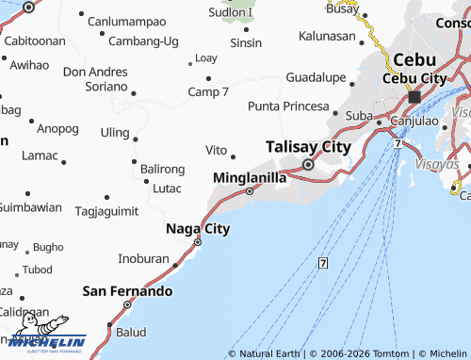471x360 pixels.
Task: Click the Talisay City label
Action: (x=308, y=147)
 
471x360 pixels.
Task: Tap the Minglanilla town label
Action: (x=250, y=176)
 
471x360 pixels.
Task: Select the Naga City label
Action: (x=198, y=228)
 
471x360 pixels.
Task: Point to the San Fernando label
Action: (x=128, y=291)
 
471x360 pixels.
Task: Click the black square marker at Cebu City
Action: (x=414, y=97)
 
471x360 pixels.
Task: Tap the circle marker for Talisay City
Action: (x=308, y=164)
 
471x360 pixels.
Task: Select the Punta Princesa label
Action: (x=288, y=106)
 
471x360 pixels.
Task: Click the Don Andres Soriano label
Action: (x=94, y=78)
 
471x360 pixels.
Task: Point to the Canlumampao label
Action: (x=127, y=20)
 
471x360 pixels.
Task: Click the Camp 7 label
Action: (x=208, y=91)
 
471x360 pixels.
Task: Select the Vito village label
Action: (x=216, y=150)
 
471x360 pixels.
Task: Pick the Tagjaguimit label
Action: (x=106, y=210)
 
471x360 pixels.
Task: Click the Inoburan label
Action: (x=143, y=257)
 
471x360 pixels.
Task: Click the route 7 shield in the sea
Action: (x=323, y=262)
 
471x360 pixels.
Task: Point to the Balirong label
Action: (x=163, y=169)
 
